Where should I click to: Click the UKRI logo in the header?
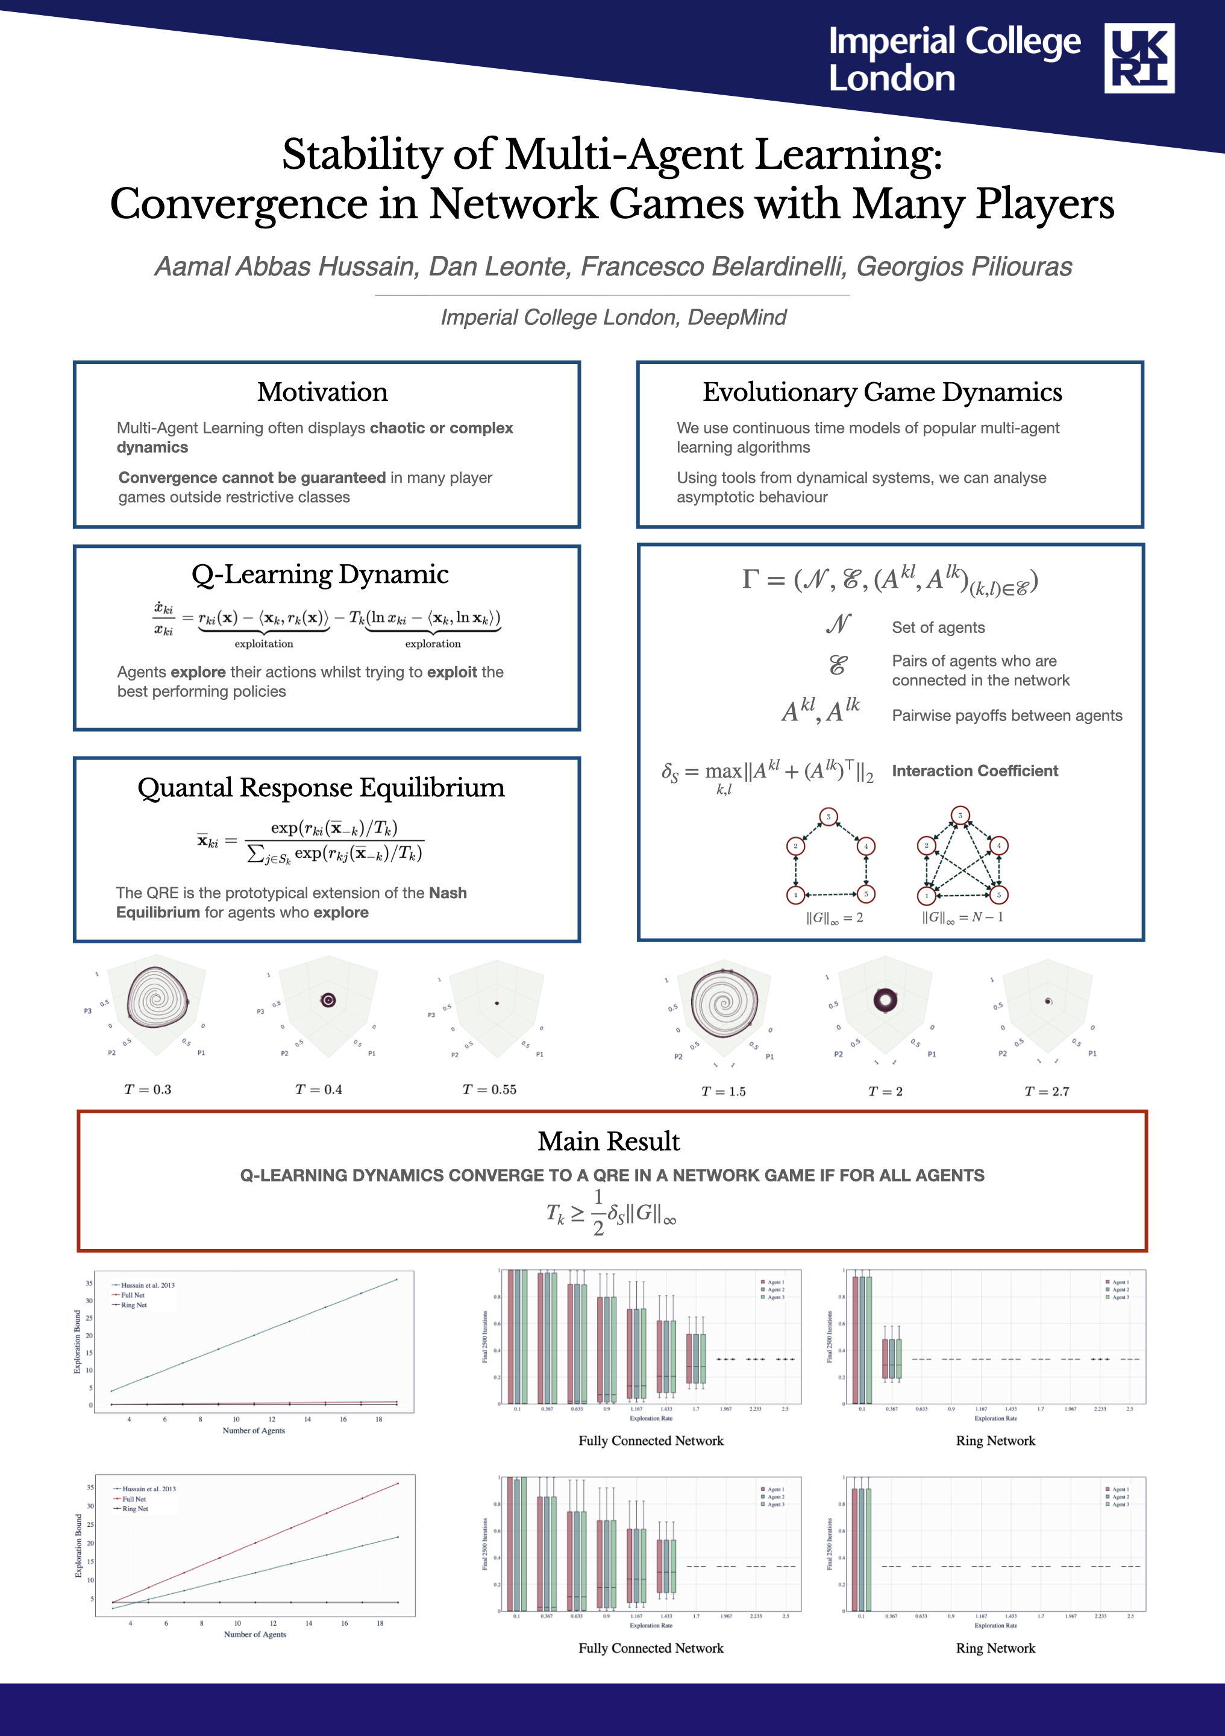coord(1139,58)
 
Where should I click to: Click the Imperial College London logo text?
coord(954,59)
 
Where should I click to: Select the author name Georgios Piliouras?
coord(963,267)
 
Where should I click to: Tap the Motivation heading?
coord(323,392)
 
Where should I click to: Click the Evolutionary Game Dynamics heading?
coord(882,392)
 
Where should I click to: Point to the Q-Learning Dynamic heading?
coord(320,574)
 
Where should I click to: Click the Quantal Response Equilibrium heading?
coord(321,788)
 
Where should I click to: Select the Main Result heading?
coord(609,1141)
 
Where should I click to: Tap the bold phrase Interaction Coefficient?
coord(975,770)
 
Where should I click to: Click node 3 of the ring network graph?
coord(829,817)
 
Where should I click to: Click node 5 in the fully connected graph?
coord(998,895)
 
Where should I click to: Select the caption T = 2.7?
coord(1047,1091)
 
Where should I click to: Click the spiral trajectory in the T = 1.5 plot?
coord(724,1004)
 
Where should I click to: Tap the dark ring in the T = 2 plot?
coord(885,1001)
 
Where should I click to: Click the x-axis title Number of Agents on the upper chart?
coord(254,1430)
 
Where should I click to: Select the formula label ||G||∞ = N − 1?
coord(963,918)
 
